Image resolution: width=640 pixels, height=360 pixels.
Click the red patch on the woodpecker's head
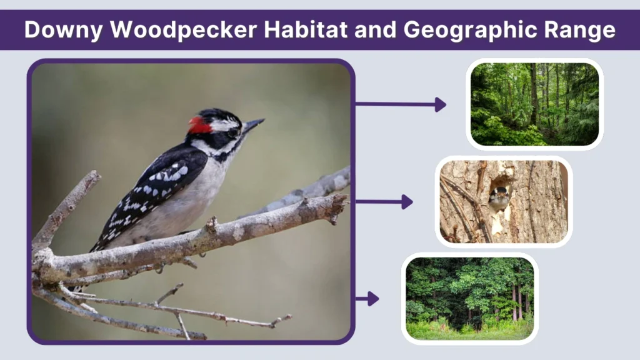point(199,126)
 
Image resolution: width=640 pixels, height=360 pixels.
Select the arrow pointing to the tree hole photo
point(384,201)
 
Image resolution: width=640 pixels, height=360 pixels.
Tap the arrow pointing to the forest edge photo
point(367,299)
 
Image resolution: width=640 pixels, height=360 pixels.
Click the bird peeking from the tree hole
point(499,199)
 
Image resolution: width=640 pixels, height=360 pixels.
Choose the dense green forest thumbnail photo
point(534,104)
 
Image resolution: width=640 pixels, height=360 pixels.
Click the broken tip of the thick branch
point(341,202)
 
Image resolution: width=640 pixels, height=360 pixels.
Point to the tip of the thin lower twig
point(289,318)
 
